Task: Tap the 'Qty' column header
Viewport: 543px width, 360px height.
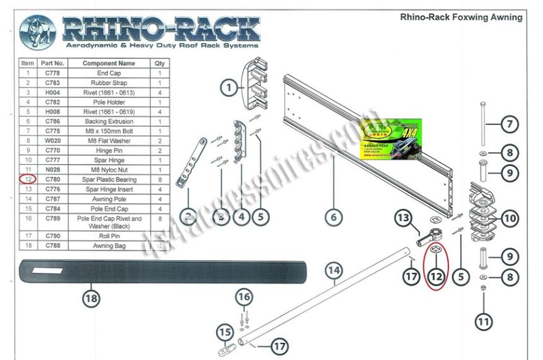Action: click(159, 64)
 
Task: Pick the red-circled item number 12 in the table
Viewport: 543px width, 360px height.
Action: click(27, 179)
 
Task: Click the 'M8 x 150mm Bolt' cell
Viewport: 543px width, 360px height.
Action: click(109, 131)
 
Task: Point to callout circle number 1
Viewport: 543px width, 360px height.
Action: click(229, 88)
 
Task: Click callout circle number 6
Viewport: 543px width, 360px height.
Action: click(334, 217)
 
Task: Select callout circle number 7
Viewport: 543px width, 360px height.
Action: click(509, 124)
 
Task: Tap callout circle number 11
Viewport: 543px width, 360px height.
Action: click(483, 321)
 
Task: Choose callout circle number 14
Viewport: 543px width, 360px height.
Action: click(334, 271)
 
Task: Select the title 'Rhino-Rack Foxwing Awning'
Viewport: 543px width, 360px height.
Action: click(461, 17)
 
